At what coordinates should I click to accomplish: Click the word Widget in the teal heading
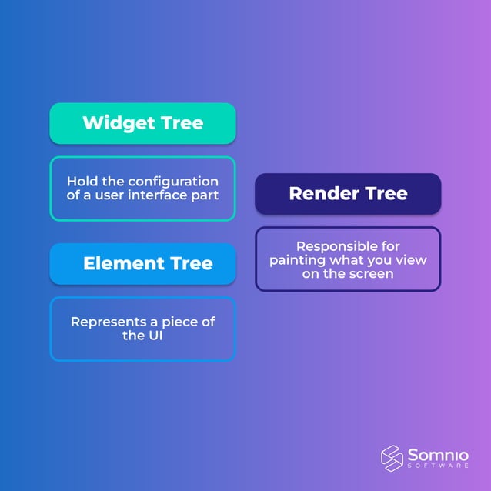(x=112, y=123)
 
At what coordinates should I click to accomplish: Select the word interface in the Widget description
(x=162, y=195)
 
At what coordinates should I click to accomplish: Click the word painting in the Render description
(x=296, y=260)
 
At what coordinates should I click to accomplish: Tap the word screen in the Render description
(x=372, y=274)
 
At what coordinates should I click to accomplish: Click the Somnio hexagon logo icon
(x=392, y=456)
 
